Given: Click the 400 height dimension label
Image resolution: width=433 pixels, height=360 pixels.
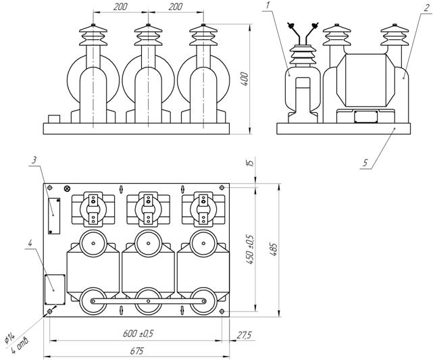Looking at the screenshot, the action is [x=245, y=79].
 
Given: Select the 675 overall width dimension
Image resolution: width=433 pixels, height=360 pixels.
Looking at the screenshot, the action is [x=136, y=351].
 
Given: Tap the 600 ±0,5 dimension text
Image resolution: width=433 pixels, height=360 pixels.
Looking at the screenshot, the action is [x=138, y=334].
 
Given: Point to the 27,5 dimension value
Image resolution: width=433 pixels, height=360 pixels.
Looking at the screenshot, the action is [x=244, y=335].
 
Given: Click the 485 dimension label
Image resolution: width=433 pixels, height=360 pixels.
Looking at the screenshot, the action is [x=274, y=250].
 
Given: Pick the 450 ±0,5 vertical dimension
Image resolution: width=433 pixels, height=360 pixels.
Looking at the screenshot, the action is [x=250, y=250].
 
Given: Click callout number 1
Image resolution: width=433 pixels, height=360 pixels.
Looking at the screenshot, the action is [x=267, y=5].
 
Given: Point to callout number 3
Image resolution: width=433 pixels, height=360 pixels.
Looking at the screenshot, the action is [x=34, y=160].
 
